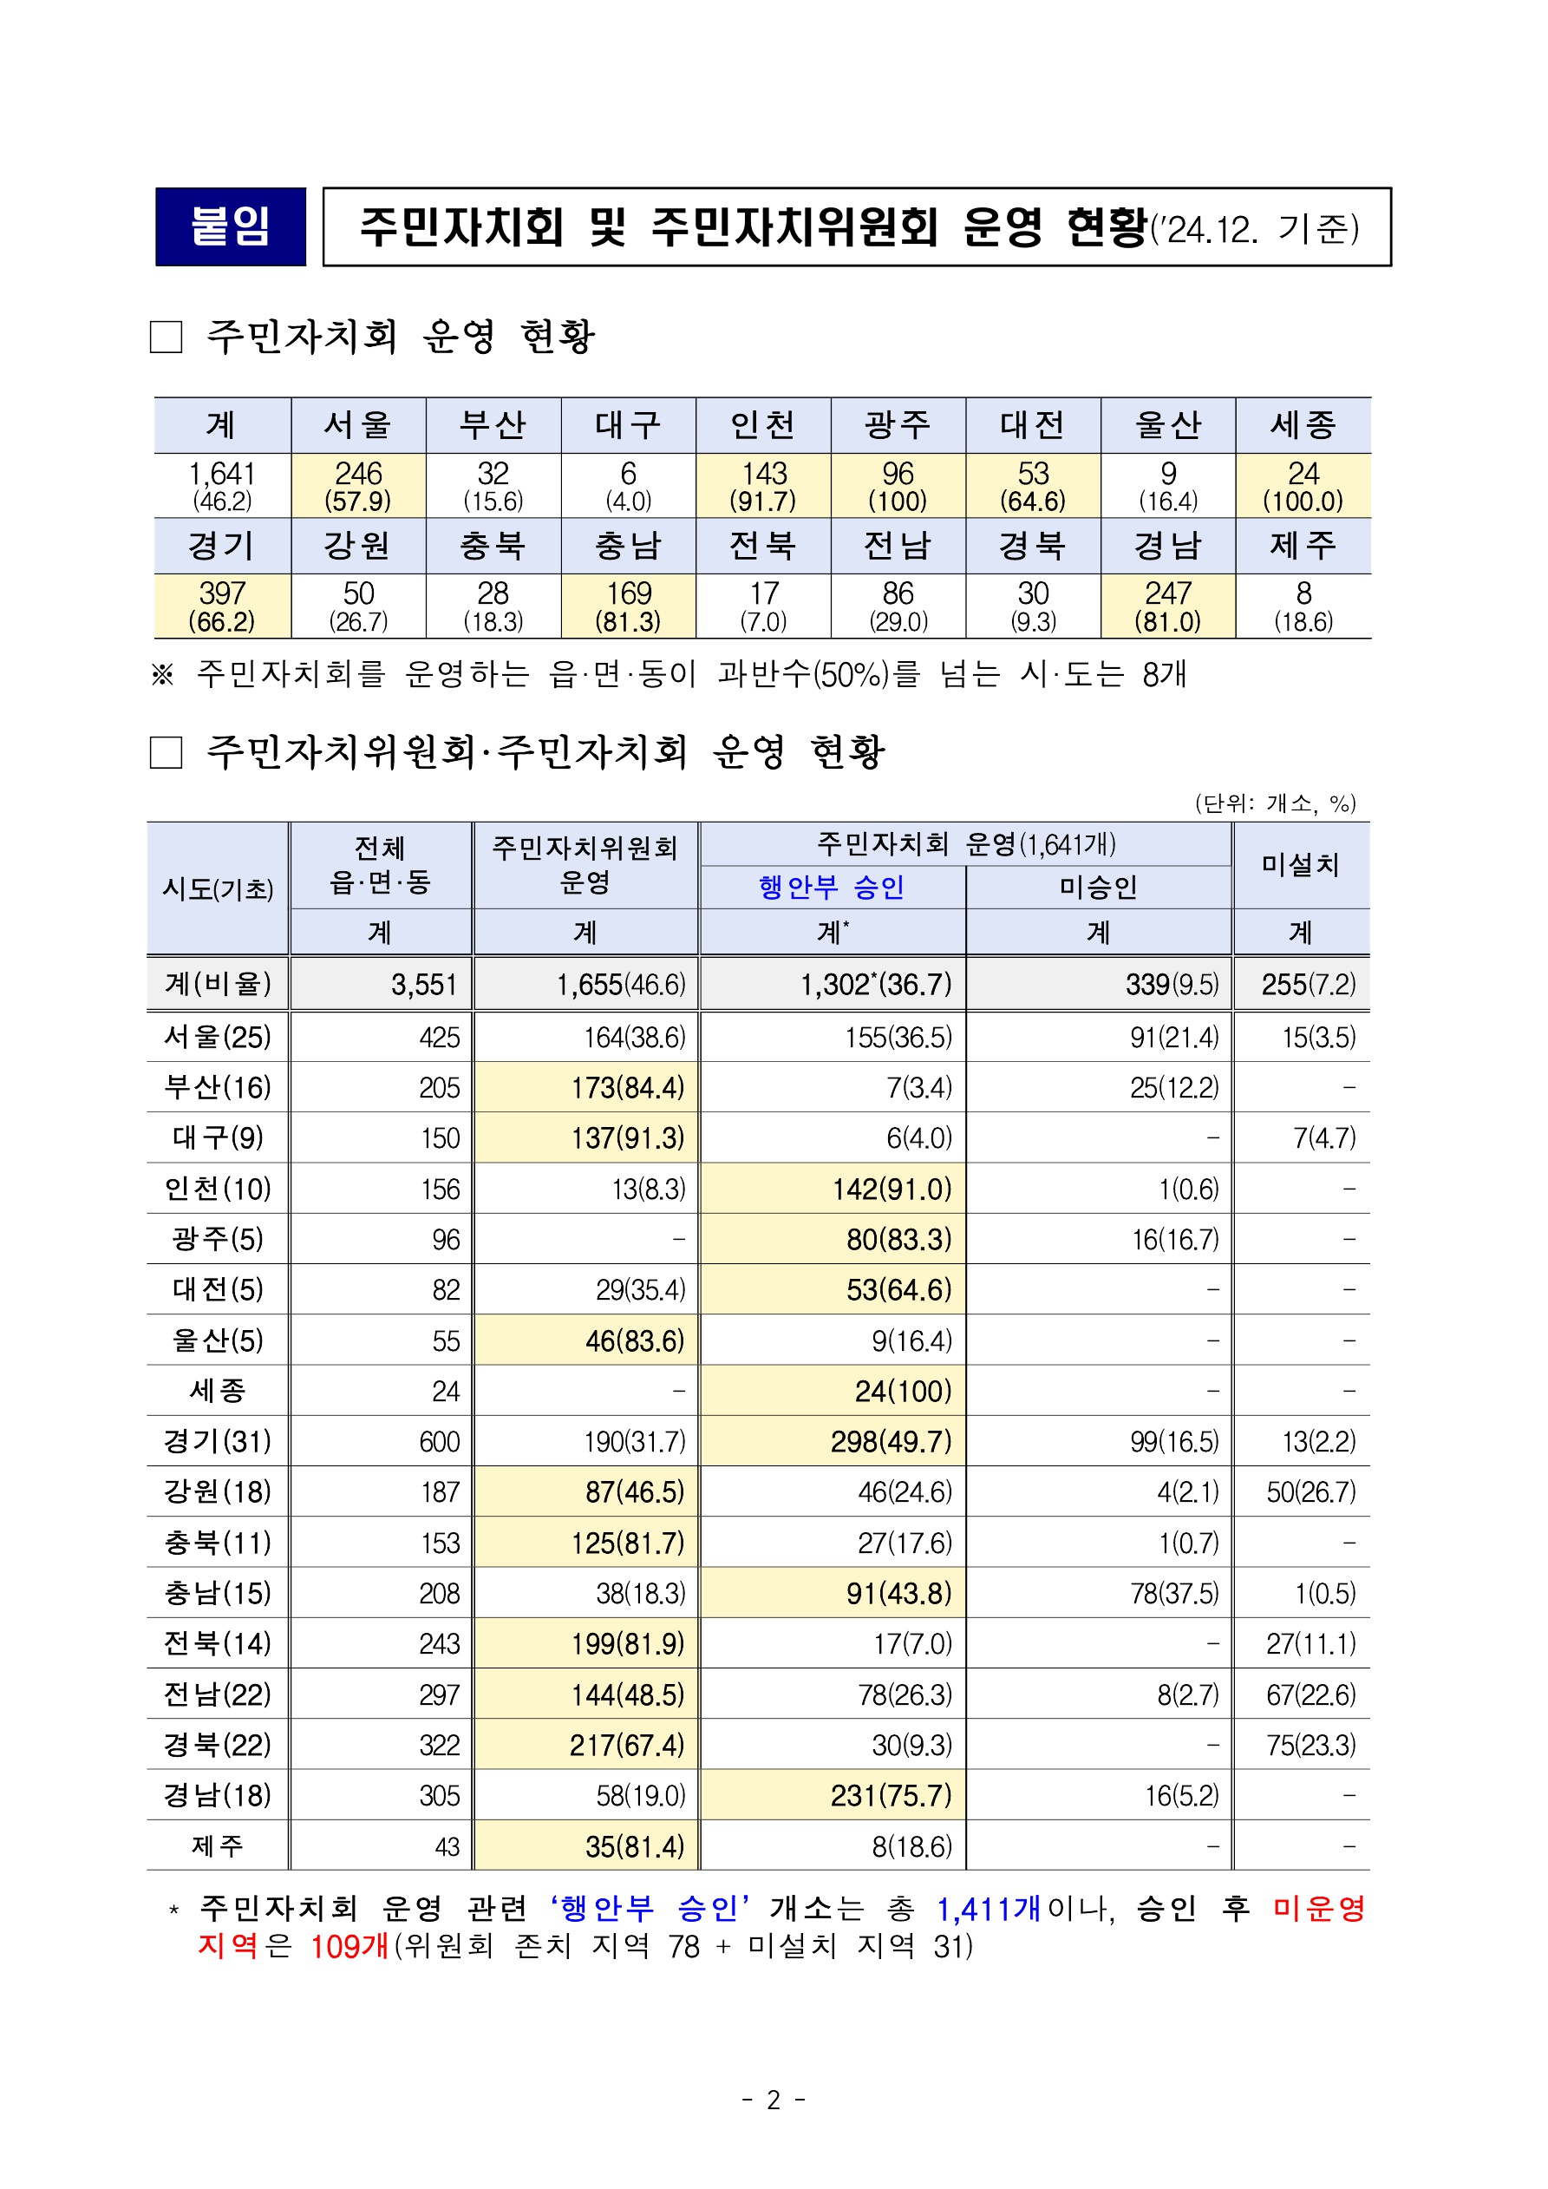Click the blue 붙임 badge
coord(231,227)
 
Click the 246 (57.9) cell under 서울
coord(358,485)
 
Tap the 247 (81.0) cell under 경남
coord(1167,606)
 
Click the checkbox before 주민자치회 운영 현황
coord(167,337)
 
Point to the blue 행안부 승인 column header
coord(831,888)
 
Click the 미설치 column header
coord(1300,865)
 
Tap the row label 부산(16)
coord(218,1088)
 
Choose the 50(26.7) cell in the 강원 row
coord(1310,1492)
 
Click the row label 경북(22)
coord(218,1745)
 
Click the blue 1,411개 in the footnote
coord(989,1910)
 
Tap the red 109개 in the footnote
coord(349,1947)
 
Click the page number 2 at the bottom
coord(773,2101)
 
